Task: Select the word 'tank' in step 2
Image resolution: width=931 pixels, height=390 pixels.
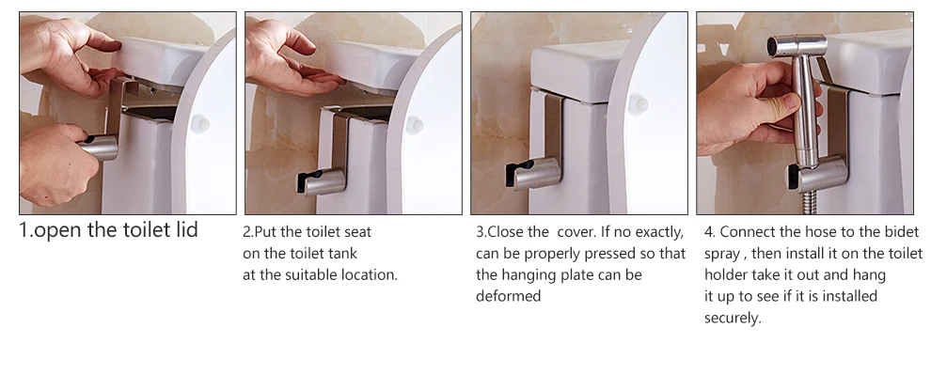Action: (343, 254)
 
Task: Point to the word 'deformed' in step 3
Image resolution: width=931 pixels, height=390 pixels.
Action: (508, 296)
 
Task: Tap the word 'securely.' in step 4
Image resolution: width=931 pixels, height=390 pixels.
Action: (733, 319)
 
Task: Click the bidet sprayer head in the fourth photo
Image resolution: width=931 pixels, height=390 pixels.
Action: (797, 46)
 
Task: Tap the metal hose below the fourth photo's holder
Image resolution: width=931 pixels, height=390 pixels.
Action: (808, 203)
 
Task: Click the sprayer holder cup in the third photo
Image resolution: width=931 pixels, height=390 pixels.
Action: (533, 173)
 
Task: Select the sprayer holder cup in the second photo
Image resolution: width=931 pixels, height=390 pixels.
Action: (322, 181)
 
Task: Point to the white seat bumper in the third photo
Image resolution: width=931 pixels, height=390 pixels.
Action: (638, 104)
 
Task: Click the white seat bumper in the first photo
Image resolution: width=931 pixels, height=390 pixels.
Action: (199, 124)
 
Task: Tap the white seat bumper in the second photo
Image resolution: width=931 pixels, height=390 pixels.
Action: (414, 125)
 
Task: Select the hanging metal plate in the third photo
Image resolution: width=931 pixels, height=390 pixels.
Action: (554, 128)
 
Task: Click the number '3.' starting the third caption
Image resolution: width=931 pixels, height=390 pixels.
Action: (481, 231)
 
